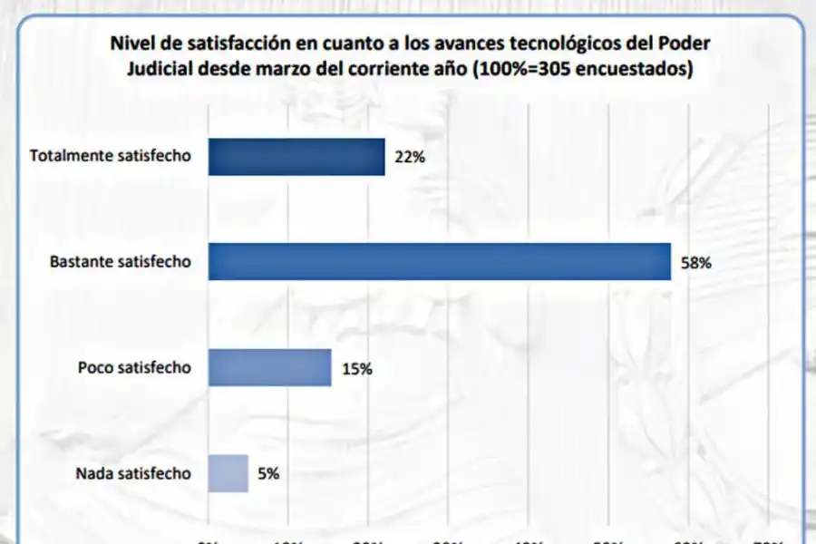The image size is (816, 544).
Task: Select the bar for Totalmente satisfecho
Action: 296,156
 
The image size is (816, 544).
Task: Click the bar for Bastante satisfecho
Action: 440,262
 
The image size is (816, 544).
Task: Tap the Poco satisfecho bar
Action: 270,368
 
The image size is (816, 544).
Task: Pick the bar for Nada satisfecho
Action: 228,473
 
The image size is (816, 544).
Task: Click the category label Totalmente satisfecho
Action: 111,155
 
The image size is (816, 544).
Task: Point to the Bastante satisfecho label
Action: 121,261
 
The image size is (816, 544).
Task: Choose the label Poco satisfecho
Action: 134,367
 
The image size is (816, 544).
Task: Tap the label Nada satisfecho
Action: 133,472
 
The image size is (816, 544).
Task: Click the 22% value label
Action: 410,157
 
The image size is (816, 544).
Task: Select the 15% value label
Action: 356,369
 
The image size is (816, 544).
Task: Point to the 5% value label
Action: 267,473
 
